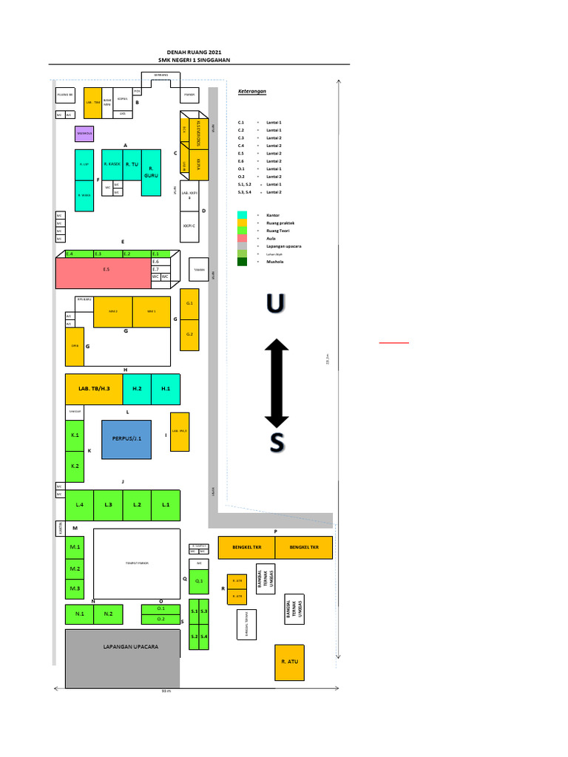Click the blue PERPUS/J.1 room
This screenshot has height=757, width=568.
(x=126, y=439)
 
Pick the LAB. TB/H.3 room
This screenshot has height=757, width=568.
(x=94, y=389)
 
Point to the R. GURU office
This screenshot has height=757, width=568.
(x=151, y=173)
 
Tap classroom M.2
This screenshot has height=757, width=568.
(x=75, y=568)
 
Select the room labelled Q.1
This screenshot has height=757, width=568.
(x=199, y=582)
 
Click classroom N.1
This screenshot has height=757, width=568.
(x=79, y=614)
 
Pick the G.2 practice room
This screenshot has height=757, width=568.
(x=190, y=334)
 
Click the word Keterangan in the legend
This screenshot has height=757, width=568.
(x=251, y=92)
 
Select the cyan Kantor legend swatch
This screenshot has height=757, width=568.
(x=242, y=214)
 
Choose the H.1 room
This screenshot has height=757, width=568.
(x=166, y=389)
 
